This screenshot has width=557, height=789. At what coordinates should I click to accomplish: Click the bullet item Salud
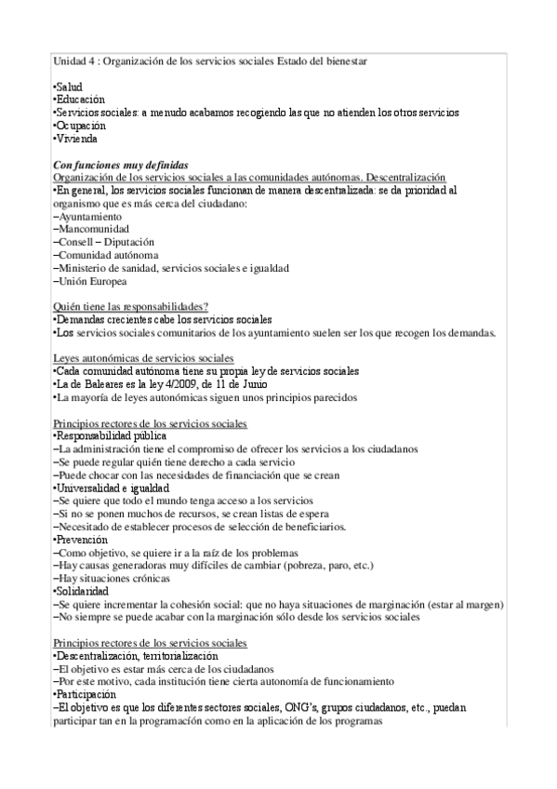(x=69, y=87)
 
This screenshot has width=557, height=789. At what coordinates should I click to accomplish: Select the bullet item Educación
(x=79, y=100)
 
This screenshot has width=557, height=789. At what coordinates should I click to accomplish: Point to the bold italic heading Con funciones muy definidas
(x=121, y=165)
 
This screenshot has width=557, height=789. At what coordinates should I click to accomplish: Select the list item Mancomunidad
(x=92, y=229)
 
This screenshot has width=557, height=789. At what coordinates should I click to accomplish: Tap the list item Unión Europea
(x=90, y=281)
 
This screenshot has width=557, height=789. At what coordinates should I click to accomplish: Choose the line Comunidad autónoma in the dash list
(x=105, y=255)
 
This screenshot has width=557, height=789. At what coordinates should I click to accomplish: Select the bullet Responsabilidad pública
(x=111, y=435)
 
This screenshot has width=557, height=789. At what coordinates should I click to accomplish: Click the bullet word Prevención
(x=82, y=540)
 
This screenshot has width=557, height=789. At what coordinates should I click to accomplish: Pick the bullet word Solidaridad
(x=83, y=591)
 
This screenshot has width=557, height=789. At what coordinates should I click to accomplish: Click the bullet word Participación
(x=86, y=694)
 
